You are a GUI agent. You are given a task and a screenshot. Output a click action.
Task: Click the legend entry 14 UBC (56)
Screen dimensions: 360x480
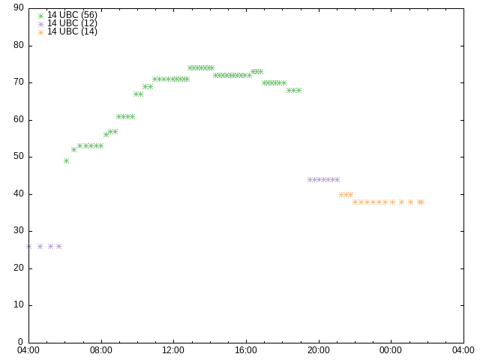tap(72, 15)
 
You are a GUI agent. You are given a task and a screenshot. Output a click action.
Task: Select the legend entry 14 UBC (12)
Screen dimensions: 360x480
tap(72, 23)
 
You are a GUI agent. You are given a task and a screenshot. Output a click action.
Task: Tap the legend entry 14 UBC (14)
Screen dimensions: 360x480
tap(72, 31)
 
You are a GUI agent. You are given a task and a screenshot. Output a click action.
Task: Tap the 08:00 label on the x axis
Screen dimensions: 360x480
tap(101, 350)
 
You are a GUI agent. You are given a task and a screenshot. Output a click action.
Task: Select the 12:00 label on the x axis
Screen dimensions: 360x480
tap(173, 350)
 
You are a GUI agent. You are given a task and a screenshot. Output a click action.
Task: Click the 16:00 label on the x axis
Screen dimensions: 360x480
tap(246, 350)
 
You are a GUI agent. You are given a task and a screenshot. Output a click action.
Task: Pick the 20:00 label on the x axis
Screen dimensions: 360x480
tap(319, 350)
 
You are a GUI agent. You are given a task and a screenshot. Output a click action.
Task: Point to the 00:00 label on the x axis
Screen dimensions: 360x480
tap(391, 350)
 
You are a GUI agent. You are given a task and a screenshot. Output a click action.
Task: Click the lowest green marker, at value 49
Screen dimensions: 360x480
tap(66, 160)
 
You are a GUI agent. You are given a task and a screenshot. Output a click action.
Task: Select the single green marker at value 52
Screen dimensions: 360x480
tap(73, 149)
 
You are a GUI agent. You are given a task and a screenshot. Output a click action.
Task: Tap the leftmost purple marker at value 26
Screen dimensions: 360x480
tap(28, 246)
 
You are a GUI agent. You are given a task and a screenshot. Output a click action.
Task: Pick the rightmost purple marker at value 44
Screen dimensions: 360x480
tap(337, 179)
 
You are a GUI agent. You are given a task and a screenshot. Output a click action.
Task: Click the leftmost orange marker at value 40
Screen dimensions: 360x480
tap(341, 194)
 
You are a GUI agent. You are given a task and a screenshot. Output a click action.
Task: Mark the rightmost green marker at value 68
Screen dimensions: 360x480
tap(298, 90)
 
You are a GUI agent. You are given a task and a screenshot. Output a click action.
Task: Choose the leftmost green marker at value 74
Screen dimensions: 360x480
tap(190, 68)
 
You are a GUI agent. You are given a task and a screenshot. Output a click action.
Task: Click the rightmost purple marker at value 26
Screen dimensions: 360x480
tap(58, 246)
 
